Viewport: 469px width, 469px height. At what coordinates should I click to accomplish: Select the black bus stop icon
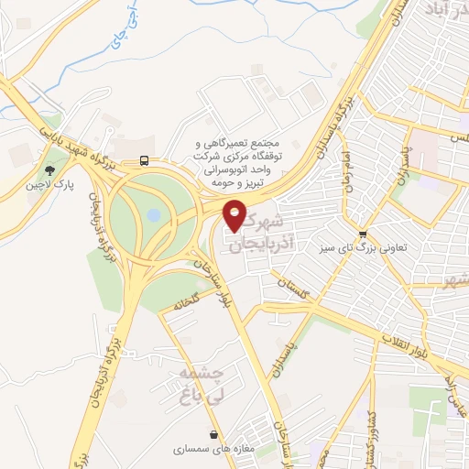[144, 161]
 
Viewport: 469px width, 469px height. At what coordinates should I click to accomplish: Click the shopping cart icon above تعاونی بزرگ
[364, 234]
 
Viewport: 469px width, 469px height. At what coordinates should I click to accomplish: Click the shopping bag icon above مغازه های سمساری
[213, 435]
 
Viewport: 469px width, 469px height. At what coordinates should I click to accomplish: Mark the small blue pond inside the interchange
[153, 215]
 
